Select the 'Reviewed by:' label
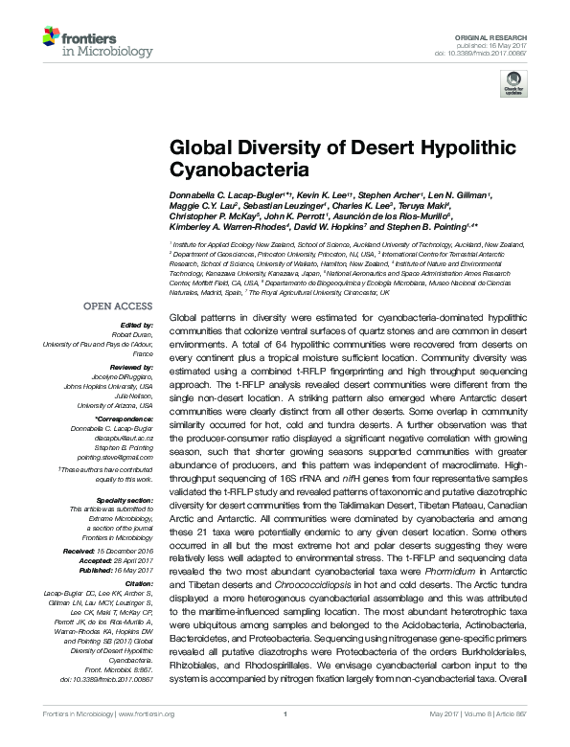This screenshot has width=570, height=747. point(131,368)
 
